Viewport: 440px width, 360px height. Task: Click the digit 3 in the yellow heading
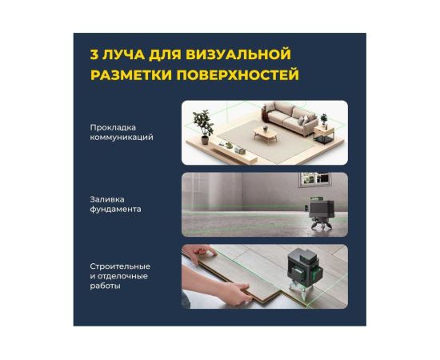coord(94,54)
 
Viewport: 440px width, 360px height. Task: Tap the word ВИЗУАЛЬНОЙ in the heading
coord(238,54)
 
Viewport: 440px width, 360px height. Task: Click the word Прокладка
coord(113,128)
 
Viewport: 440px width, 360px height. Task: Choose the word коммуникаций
coord(122,138)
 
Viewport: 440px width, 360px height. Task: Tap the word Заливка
coord(107,199)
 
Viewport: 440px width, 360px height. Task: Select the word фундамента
coord(115,210)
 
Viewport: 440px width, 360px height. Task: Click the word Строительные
coord(120,266)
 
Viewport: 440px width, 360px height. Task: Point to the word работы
coord(106,286)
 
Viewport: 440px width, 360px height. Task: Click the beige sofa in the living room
coord(290,118)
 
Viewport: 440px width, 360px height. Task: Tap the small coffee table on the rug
coord(265,134)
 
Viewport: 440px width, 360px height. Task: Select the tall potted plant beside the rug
coord(202,126)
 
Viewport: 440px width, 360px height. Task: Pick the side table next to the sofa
coord(324,135)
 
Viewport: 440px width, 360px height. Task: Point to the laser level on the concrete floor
coord(321,213)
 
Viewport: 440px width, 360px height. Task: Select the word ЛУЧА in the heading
coord(123,54)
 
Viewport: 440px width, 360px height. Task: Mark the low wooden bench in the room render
coord(234,154)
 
